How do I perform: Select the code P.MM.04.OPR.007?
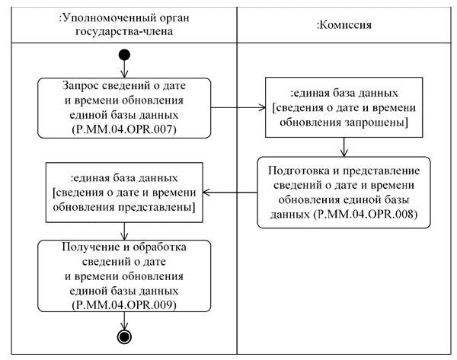(x=125, y=129)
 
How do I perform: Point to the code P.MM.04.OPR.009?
(x=125, y=304)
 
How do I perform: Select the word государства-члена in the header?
(x=124, y=32)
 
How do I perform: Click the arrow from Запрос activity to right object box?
(x=238, y=106)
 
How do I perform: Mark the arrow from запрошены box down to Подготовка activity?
(x=344, y=146)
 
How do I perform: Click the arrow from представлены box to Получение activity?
(x=125, y=231)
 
